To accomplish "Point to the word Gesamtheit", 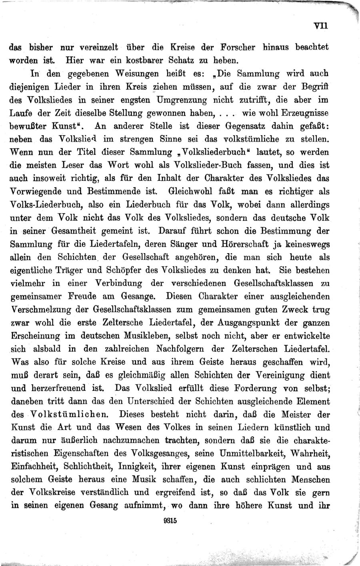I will pos(78,231).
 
